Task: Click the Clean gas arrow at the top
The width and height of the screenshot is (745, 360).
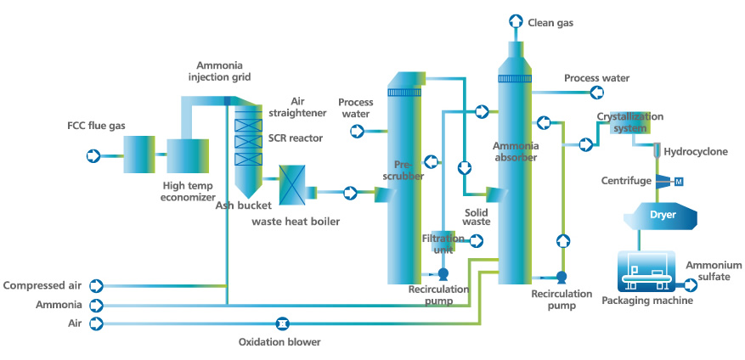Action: click(x=516, y=20)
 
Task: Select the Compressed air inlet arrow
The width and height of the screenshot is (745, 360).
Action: click(x=96, y=286)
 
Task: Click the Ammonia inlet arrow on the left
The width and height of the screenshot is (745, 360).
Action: click(x=96, y=305)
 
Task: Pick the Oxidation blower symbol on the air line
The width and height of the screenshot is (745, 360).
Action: click(x=282, y=323)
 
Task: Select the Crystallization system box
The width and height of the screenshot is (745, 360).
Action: click(x=630, y=124)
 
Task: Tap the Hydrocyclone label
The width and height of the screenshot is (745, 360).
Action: click(x=694, y=151)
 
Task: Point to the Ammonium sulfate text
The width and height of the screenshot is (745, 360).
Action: click(x=714, y=271)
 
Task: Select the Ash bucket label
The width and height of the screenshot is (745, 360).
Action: click(x=243, y=205)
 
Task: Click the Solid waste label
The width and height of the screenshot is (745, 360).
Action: click(x=477, y=216)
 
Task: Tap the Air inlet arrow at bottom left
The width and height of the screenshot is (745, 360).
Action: click(x=96, y=323)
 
